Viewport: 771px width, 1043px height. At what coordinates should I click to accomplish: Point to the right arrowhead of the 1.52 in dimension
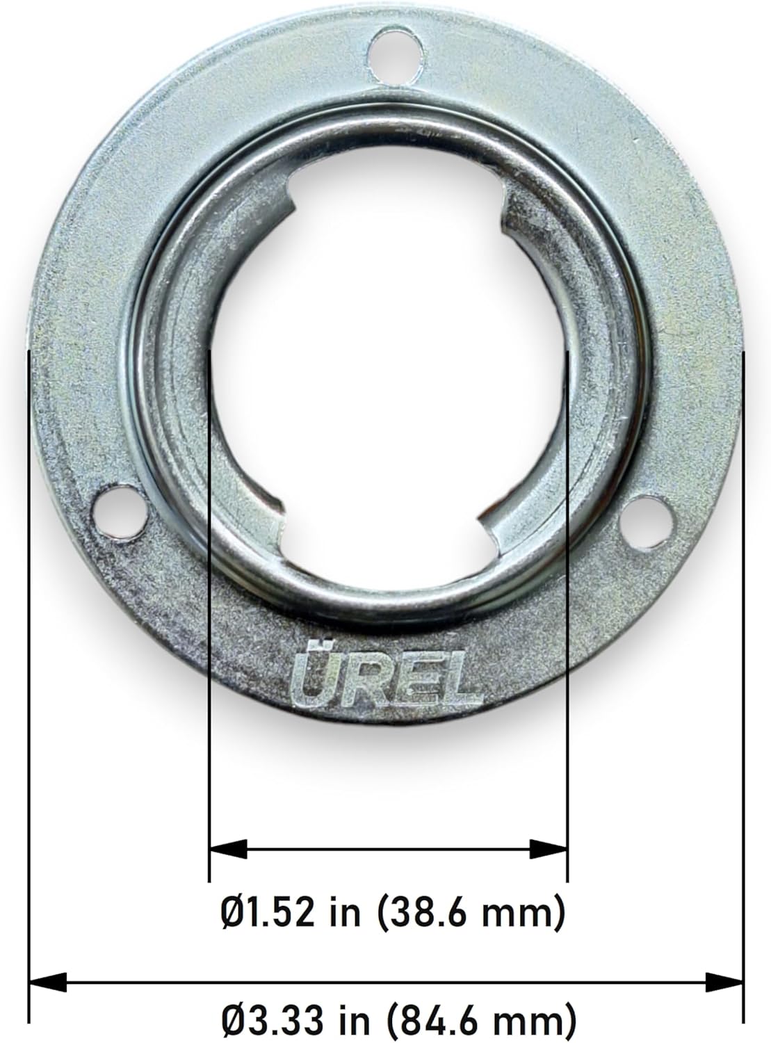pyautogui.click(x=549, y=848)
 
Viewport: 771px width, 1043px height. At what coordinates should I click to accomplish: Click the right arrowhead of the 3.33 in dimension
pyautogui.click(x=724, y=983)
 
